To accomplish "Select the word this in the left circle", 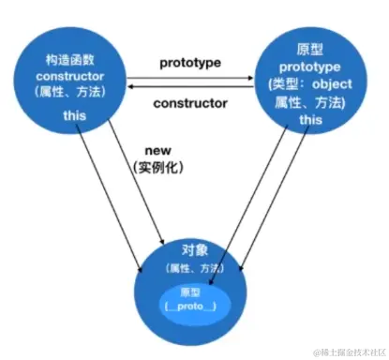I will (72, 114).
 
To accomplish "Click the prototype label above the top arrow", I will (188, 62).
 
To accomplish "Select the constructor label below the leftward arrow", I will (189, 101).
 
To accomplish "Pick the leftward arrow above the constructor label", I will (188, 87).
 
